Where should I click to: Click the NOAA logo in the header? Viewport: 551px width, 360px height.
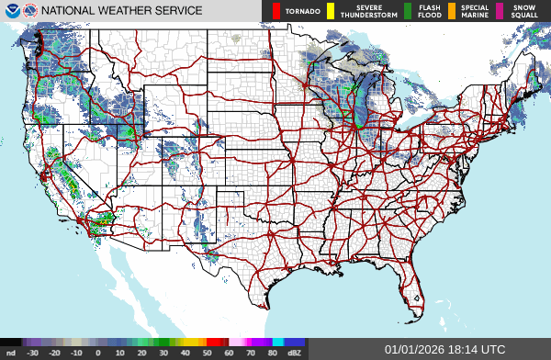(x=10, y=11)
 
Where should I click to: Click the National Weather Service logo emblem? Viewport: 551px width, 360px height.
(x=29, y=11)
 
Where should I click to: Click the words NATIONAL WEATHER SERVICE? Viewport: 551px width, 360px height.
(x=122, y=11)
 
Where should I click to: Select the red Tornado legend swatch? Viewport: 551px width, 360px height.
(x=276, y=11)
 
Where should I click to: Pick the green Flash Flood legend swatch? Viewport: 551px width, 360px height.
(x=408, y=11)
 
